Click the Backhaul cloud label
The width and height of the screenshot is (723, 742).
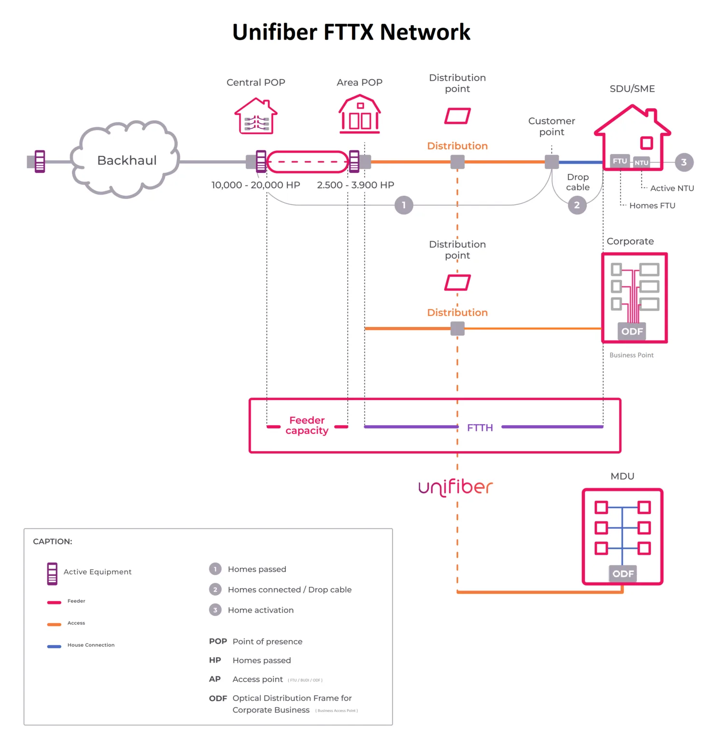[x=127, y=160]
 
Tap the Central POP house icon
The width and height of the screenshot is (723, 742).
[x=256, y=116]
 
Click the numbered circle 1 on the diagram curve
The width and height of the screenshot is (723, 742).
[x=404, y=205]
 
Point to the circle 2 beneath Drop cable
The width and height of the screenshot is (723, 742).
[x=577, y=205]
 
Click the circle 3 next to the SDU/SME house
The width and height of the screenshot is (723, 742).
[x=683, y=162]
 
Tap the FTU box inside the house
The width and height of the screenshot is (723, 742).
[x=620, y=161]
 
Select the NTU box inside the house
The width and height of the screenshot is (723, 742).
[x=641, y=163]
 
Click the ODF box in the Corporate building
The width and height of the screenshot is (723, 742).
[x=632, y=331]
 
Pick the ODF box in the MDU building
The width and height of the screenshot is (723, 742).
[x=623, y=574]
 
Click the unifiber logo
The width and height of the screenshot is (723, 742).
[x=455, y=487]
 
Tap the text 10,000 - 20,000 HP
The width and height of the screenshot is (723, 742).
[x=255, y=185]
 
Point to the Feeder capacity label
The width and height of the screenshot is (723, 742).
[x=307, y=426]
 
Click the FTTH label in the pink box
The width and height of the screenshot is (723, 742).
[x=480, y=428]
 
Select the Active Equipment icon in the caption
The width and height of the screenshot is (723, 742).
[x=52, y=574]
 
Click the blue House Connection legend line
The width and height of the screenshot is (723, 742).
[x=54, y=646]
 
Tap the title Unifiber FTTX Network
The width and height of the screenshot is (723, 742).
[x=351, y=32]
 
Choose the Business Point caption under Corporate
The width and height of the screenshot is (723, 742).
[x=631, y=355]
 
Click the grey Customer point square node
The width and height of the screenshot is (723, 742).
[x=552, y=162]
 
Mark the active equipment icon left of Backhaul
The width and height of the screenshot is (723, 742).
[x=40, y=162]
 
